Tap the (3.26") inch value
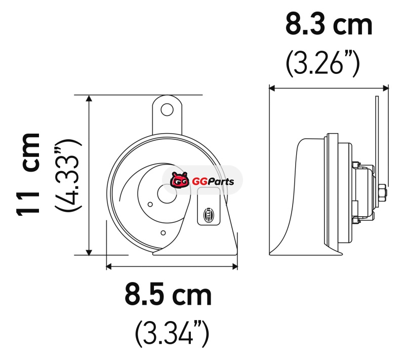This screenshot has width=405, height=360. [x=323, y=63]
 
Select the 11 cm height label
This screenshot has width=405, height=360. [x=28, y=174]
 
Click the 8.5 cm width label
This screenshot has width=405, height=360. [x=168, y=294]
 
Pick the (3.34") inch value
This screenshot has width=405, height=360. [x=172, y=334]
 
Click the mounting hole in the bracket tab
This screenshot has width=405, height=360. [x=167, y=109]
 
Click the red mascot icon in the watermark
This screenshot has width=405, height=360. [x=180, y=180]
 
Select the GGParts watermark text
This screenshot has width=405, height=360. [x=213, y=182]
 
